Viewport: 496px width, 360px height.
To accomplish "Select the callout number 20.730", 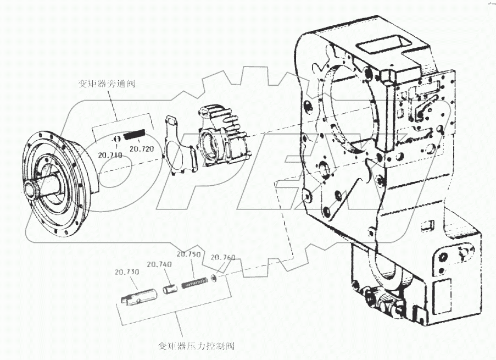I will [126, 272].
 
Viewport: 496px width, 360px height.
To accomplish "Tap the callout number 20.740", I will [160, 264].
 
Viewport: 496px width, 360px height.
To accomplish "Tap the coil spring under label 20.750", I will [194, 283].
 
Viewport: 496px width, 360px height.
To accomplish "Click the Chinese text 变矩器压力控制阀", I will [196, 346].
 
